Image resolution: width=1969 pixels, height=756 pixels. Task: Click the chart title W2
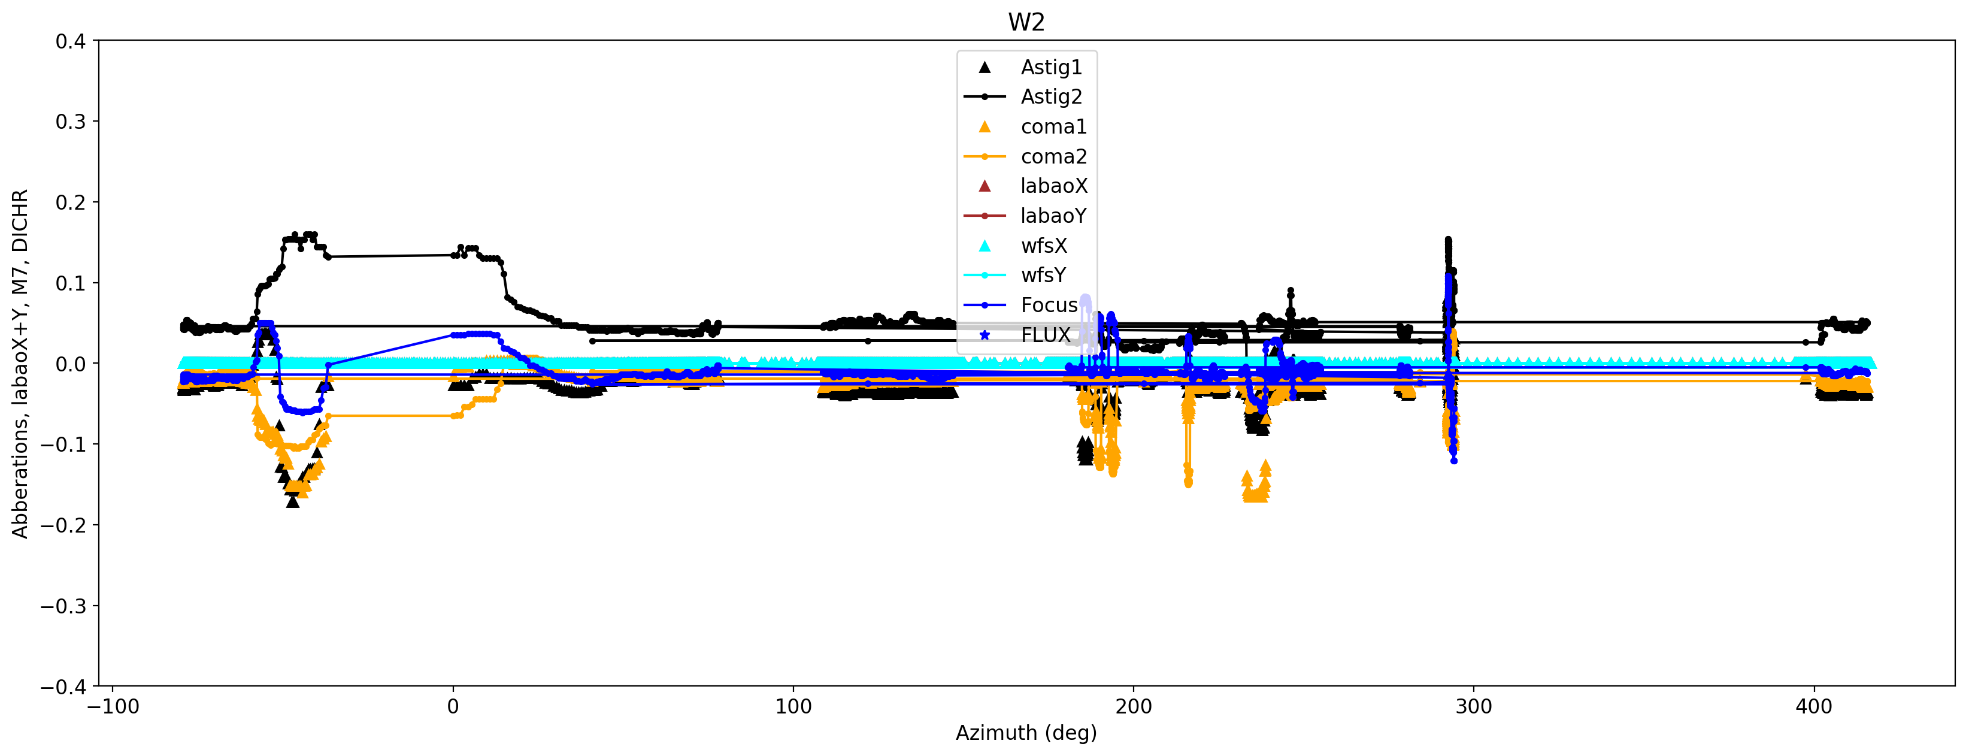pyautogui.click(x=1026, y=22)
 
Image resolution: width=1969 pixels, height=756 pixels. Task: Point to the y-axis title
pyautogui.click(x=20, y=363)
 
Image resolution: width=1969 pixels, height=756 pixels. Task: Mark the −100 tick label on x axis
pyautogui.click(x=113, y=706)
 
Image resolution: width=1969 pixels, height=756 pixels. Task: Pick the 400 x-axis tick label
pyautogui.click(x=1814, y=706)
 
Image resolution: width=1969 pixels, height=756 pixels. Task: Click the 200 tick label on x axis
pyautogui.click(x=1133, y=706)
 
